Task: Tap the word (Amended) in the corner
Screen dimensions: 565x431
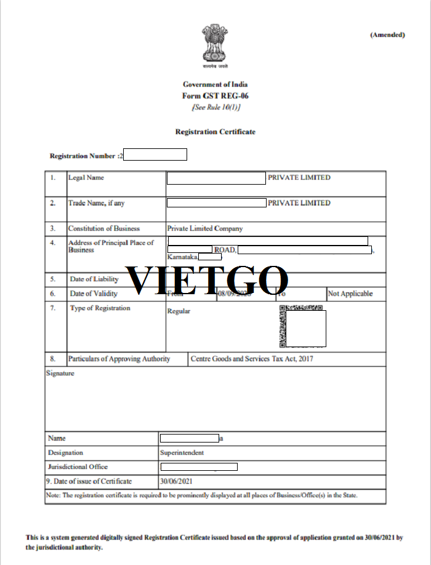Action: pos(387,34)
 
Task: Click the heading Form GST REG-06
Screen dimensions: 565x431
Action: pos(216,96)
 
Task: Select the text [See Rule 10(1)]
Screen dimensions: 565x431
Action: pos(216,107)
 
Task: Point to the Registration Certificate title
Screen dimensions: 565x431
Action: pos(216,132)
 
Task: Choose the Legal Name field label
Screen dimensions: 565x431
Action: pos(86,178)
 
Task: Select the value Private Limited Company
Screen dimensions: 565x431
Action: pos(205,228)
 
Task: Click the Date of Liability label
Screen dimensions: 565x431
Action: pos(94,279)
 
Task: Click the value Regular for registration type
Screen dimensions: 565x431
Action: pos(179,311)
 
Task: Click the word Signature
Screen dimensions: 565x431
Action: pos(60,373)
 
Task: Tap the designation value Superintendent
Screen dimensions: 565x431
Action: pos(182,453)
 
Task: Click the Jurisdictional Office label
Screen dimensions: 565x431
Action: pos(78,467)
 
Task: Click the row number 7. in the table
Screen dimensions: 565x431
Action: pos(54,308)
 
